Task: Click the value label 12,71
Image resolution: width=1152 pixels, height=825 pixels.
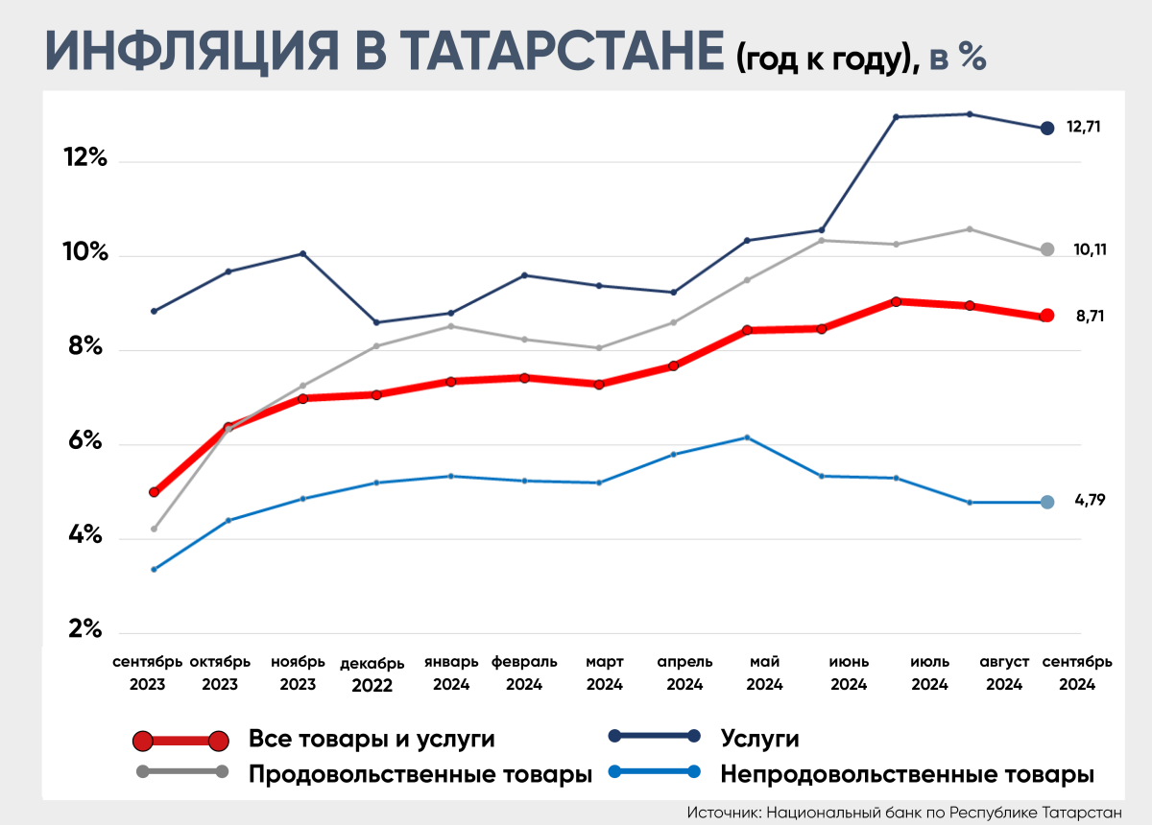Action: pyautogui.click(x=1084, y=127)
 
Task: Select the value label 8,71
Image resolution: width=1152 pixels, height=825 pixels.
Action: pyautogui.click(x=1089, y=315)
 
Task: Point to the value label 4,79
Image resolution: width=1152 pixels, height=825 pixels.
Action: pyautogui.click(x=1089, y=500)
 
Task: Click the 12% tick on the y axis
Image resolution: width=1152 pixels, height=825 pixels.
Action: pyautogui.click(x=85, y=157)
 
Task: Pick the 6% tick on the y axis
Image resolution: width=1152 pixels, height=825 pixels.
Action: pyautogui.click(x=85, y=441)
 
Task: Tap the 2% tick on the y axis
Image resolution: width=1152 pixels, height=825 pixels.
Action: pyautogui.click(x=85, y=630)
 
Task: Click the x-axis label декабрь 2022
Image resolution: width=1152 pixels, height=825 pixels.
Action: pyautogui.click(x=372, y=674)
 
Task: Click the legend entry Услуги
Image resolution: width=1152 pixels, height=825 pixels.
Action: pyautogui.click(x=759, y=739)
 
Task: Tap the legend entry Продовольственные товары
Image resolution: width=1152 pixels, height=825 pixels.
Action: pyautogui.click(x=420, y=773)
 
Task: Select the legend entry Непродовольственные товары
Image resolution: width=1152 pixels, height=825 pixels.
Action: pyautogui.click(x=907, y=773)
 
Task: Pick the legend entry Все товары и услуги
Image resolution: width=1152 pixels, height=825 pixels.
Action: pyautogui.click(x=372, y=739)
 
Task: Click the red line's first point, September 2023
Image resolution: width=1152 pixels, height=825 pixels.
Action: pyautogui.click(x=154, y=492)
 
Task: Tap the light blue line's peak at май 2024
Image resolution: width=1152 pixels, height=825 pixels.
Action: pyautogui.click(x=747, y=437)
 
